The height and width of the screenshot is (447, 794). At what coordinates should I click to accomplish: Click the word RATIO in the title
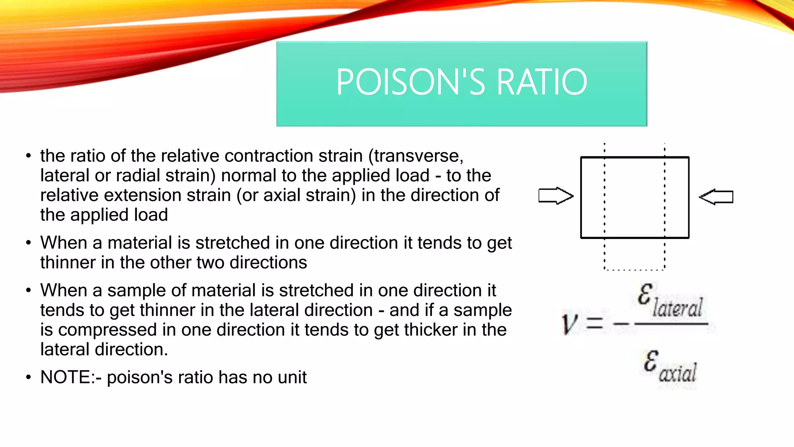point(542,82)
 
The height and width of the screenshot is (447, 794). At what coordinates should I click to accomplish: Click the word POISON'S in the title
point(411,82)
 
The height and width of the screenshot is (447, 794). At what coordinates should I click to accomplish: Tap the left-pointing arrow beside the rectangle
point(716,197)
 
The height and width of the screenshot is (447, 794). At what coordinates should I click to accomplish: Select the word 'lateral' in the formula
point(677,308)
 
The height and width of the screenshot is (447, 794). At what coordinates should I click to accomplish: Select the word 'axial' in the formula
point(678,373)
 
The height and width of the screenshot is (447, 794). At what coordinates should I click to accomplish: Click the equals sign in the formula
point(594,323)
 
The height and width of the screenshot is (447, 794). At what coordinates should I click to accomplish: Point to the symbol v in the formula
point(570,324)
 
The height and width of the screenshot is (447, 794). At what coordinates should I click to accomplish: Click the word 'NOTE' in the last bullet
point(66,377)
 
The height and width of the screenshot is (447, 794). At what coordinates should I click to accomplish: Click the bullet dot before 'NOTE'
point(28,377)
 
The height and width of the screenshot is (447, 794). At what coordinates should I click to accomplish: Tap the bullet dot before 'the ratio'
point(28,156)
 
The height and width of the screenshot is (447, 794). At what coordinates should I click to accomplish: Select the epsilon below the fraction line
point(651,360)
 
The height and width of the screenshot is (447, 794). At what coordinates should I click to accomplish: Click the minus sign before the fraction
point(621,323)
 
